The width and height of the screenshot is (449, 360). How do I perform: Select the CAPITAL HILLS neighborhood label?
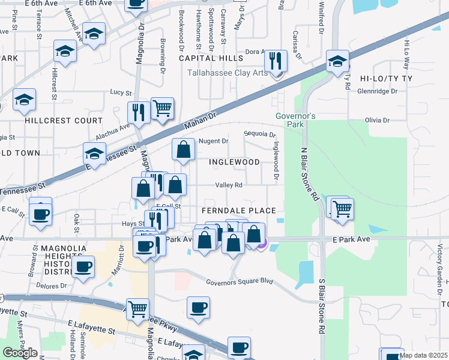pos(211,58)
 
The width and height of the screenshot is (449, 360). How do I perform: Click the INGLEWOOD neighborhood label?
pos(234,162)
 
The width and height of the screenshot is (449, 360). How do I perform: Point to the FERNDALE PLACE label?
pos(238,211)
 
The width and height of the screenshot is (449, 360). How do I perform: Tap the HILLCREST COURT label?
pos(64,120)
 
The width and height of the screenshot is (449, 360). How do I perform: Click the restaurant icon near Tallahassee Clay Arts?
pos(276,61)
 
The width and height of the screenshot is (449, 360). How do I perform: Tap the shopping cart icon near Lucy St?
pos(162,108)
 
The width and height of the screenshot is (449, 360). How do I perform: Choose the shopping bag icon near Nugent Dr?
pos(184,149)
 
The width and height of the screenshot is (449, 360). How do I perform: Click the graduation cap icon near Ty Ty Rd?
pos(338,61)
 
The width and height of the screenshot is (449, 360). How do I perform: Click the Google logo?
pos(20,353)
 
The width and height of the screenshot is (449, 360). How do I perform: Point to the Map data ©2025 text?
pos(423,355)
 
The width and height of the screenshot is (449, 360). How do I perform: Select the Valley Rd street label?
pos(229,185)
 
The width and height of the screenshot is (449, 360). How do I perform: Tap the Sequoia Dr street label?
pos(259,134)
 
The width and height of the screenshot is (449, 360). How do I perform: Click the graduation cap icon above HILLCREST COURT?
pos(24,99)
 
